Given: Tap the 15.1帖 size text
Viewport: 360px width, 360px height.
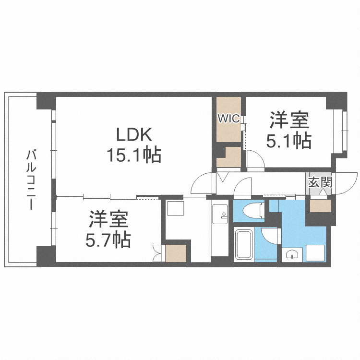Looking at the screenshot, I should pos(133,155).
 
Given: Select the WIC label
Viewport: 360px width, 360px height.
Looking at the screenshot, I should pos(228,119).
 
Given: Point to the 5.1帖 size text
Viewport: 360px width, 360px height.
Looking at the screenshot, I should pos(288,141).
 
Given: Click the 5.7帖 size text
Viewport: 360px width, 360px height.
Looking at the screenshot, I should pos(108,239).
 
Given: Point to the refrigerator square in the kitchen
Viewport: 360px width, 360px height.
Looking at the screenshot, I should pos(173,209).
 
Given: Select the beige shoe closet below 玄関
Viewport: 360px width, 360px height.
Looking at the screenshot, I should pos(320,205).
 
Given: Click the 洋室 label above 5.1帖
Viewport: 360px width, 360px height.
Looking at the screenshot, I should pos(288,120).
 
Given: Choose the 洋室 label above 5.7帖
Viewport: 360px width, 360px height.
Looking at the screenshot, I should pos(108,219).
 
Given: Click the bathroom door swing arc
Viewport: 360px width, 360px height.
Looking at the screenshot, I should pos(271,236).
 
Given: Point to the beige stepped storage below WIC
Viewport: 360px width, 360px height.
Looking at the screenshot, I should pos(228,157).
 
